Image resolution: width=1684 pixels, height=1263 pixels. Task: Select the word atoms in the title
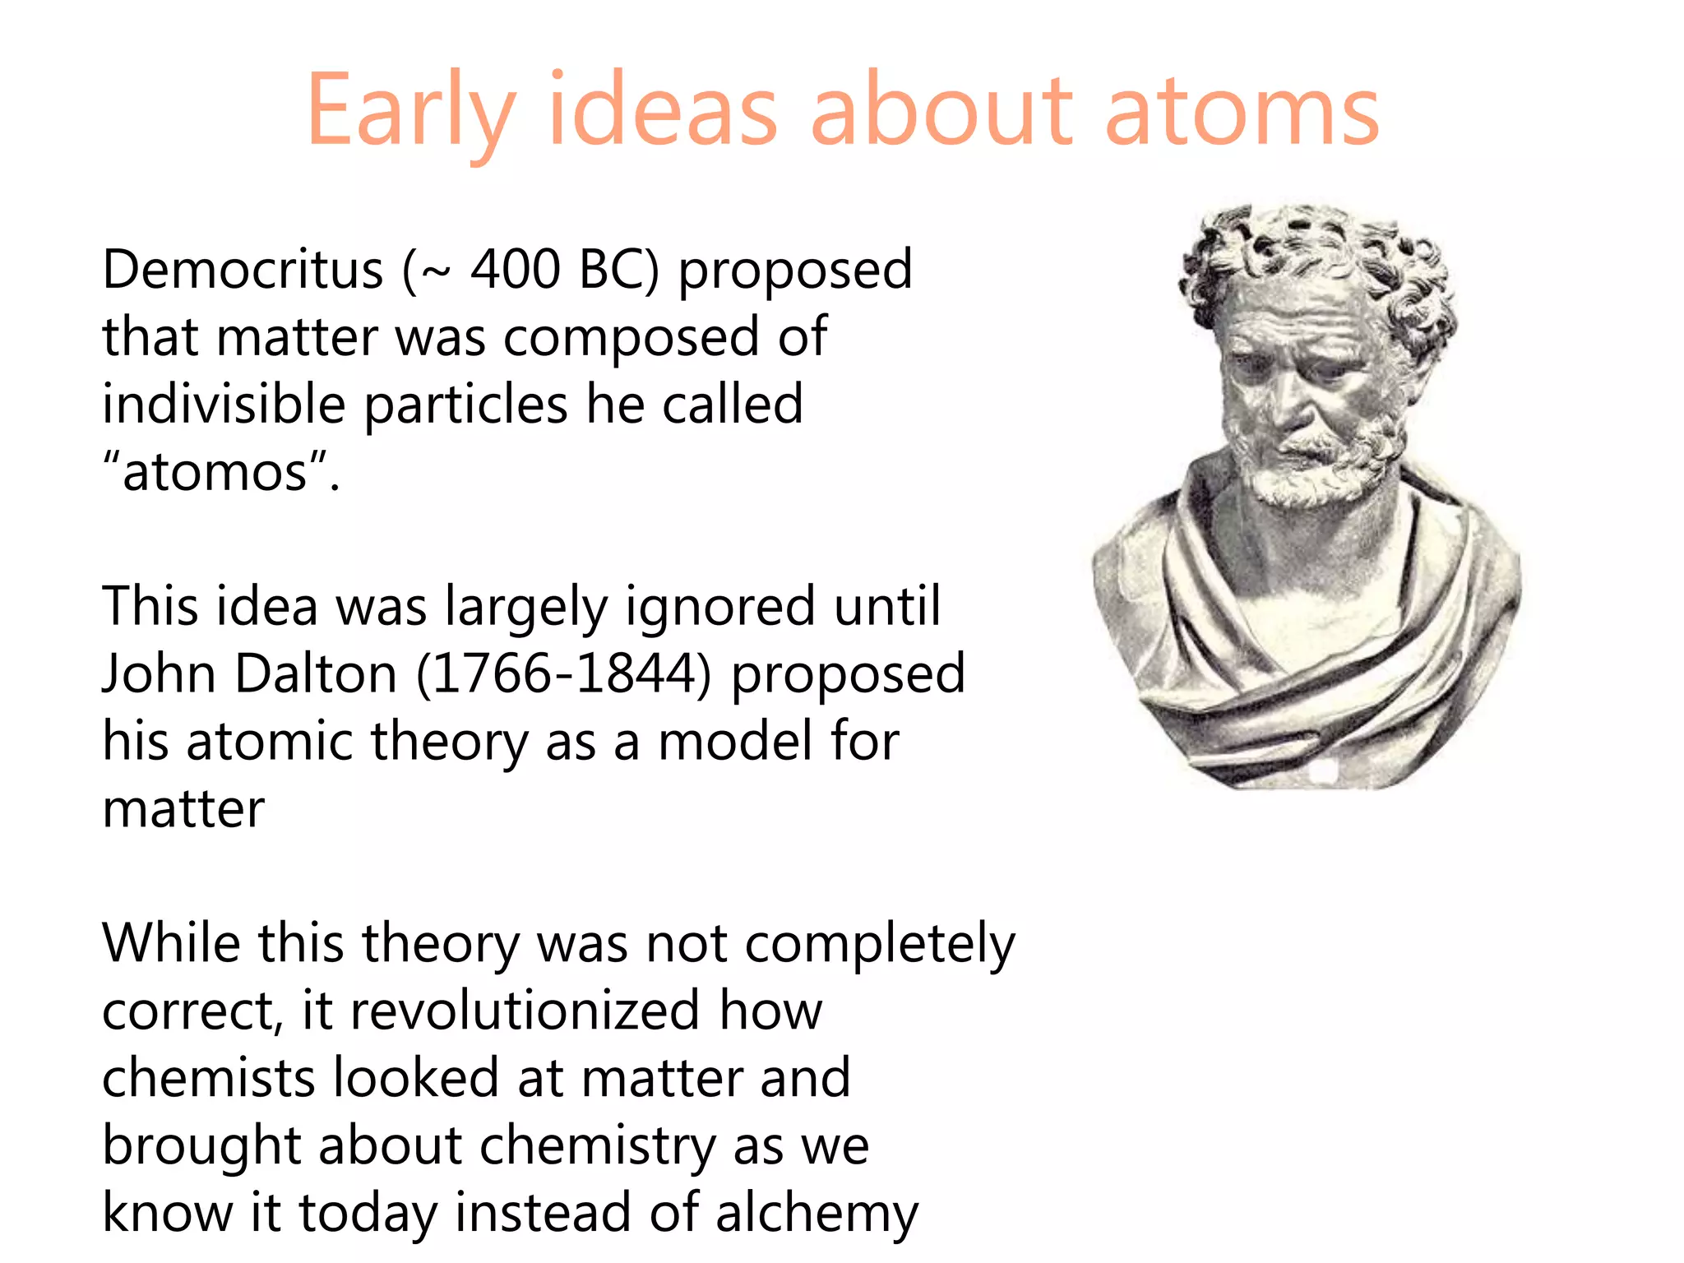(x=1242, y=111)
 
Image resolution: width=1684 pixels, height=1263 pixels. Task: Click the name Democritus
(x=243, y=270)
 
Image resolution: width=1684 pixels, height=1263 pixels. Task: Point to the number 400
(x=515, y=270)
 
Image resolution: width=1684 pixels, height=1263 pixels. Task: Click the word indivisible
(x=224, y=405)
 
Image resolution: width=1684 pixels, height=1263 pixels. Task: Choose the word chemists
(x=208, y=1078)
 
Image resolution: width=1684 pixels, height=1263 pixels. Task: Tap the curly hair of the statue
(x=1316, y=247)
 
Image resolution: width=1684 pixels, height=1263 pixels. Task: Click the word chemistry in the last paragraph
(x=598, y=1145)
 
